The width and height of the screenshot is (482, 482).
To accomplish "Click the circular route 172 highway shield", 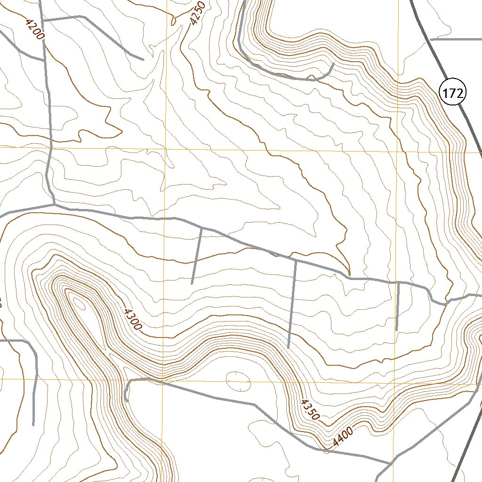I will (453, 93).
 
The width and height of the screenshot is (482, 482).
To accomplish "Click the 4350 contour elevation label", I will (311, 409).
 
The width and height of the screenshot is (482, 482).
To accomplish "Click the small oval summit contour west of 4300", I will (80, 304).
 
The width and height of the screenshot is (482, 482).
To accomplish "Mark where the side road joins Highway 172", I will (431, 40).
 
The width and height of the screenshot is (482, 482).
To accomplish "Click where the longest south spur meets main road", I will (296, 260).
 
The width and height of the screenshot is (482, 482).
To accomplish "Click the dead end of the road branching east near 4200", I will (143, 59).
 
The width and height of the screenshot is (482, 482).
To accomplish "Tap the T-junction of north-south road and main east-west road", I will (54, 205).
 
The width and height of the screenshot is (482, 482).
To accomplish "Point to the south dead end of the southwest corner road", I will (33, 425).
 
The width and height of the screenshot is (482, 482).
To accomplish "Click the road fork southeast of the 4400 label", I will (392, 463).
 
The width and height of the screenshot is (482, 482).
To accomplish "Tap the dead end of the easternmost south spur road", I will (397, 329).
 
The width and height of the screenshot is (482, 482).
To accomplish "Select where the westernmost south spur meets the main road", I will (201, 228).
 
